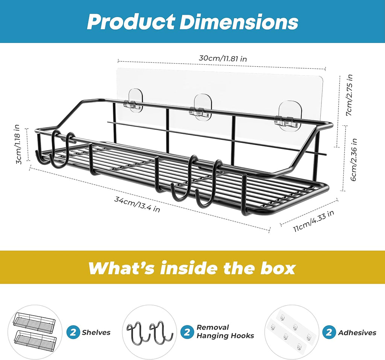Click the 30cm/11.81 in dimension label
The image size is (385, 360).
tap(223, 58)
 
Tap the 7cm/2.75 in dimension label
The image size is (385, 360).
tap(349, 95)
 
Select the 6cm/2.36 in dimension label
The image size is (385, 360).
tap(353, 160)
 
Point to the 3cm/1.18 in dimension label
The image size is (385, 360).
tap(18, 144)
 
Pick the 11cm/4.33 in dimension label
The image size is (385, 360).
tap(314, 221)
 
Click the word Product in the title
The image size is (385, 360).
tap(131, 22)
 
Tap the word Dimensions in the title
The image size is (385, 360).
tap(239, 22)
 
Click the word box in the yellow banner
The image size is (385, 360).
tap(278, 268)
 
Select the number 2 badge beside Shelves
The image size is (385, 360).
tap(73, 332)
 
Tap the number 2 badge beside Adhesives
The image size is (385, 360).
tap(329, 332)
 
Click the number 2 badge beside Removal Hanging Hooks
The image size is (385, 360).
tap(187, 332)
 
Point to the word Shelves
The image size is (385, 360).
tap(96, 333)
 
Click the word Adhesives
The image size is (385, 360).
tap(357, 333)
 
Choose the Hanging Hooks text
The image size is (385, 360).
tap(225, 336)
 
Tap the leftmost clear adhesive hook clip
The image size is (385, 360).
tap(135, 101)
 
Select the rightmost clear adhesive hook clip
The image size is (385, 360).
tap(291, 115)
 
